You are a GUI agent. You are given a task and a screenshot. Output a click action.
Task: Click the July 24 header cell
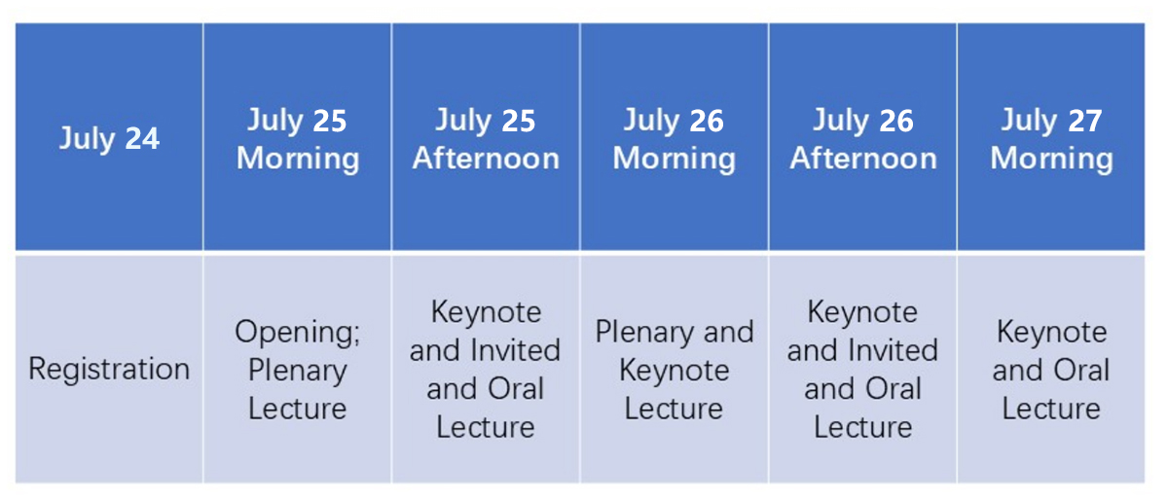109,137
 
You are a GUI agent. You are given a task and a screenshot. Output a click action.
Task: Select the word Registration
109,369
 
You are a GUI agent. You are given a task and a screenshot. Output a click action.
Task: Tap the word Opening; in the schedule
297,333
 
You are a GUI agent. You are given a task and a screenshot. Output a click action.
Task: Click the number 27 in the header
1085,121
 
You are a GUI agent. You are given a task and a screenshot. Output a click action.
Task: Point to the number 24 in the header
142,139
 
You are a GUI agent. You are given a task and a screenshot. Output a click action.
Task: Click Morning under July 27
1052,159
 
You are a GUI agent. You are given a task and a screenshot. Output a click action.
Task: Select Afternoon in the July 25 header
486,158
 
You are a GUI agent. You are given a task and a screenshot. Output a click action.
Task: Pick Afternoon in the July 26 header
863,158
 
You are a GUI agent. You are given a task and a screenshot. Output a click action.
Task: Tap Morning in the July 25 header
298,159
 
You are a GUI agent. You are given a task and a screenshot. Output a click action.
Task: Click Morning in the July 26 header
675,159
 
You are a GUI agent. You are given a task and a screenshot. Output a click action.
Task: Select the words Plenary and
675,333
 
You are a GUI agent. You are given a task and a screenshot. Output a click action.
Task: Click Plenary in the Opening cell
297,372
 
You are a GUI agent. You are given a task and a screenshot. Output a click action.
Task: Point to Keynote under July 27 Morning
1052,332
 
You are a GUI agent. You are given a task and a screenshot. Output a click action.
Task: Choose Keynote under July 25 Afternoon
486,313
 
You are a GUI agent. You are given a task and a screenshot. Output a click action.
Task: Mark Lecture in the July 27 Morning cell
1051,409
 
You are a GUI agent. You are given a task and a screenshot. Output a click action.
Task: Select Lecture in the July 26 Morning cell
674,409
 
